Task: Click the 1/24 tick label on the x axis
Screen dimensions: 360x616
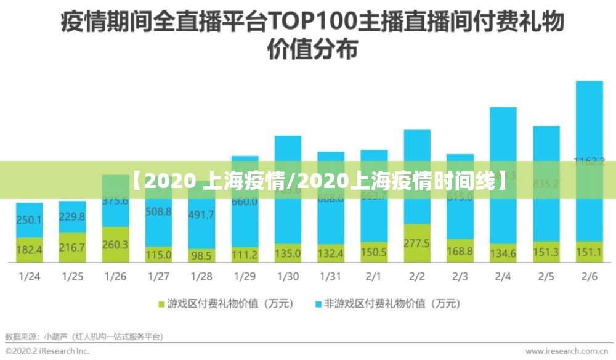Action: tap(30, 277)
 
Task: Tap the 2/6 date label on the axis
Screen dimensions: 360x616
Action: tap(589, 277)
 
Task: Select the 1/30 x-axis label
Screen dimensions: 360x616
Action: tap(288, 277)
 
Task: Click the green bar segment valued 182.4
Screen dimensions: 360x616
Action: tap(30, 250)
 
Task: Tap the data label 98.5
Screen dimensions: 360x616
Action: tap(202, 254)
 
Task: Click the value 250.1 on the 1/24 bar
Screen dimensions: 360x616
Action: tap(30, 220)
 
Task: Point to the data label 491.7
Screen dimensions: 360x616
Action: tap(202, 215)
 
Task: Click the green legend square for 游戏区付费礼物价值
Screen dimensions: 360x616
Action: tap(163, 304)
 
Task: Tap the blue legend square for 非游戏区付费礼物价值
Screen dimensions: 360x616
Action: tap(318, 304)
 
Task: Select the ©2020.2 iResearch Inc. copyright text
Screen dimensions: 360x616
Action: tap(47, 351)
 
